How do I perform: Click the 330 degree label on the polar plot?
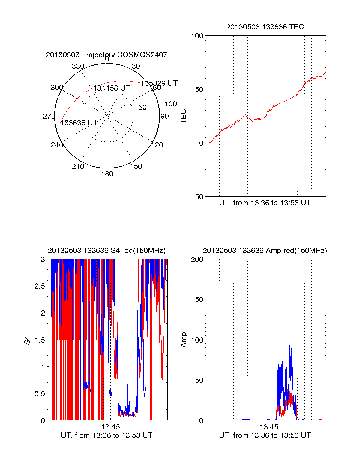(78, 66)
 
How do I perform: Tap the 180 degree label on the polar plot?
(107, 174)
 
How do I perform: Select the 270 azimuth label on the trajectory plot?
(49, 116)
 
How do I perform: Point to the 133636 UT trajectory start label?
(79, 123)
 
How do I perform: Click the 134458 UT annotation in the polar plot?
(112, 88)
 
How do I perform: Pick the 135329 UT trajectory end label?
(159, 83)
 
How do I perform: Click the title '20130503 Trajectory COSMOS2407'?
(106, 55)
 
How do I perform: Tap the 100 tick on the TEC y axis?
(197, 36)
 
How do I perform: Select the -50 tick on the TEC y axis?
(198, 197)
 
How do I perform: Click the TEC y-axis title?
(183, 116)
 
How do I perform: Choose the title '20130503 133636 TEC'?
(265, 27)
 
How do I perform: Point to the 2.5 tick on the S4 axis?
(40, 286)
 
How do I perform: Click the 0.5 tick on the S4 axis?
(40, 394)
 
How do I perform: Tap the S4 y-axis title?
(27, 340)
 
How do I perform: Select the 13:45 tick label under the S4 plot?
(110, 427)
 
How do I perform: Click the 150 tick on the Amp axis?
(197, 300)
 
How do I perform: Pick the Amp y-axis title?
(183, 340)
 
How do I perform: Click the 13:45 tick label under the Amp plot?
(269, 427)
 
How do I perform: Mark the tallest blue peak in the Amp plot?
(291, 335)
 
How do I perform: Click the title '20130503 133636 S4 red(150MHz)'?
(106, 251)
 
